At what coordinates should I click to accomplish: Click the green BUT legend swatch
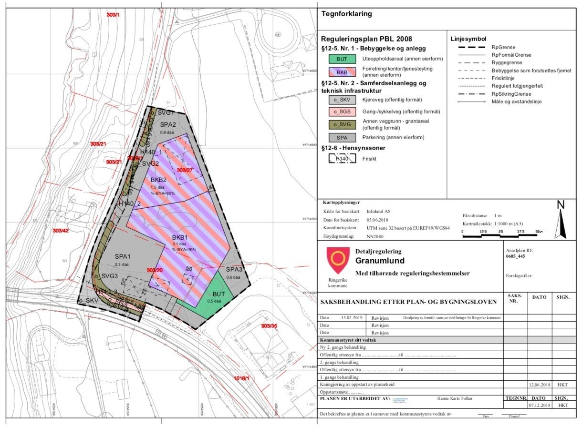[x=342, y=59]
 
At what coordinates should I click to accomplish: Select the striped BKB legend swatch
[x=342, y=72]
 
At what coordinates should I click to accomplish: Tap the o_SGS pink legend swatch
[x=342, y=112]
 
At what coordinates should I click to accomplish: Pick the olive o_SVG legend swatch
[x=342, y=125]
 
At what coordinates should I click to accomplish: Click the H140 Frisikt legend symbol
[x=342, y=159]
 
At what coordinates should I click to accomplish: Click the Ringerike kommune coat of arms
[x=337, y=260]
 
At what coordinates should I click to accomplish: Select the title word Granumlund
[x=380, y=261]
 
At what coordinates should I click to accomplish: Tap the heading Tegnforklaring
[x=347, y=14]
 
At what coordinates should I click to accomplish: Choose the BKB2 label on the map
[x=158, y=180]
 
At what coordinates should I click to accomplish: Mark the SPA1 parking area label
[x=123, y=256]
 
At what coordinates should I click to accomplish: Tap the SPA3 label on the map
[x=234, y=270]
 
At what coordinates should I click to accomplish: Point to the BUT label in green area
[x=218, y=294]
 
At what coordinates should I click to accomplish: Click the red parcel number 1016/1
[x=242, y=378]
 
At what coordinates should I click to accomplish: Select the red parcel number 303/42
[x=61, y=231]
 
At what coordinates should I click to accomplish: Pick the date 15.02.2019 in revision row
[x=353, y=317]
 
